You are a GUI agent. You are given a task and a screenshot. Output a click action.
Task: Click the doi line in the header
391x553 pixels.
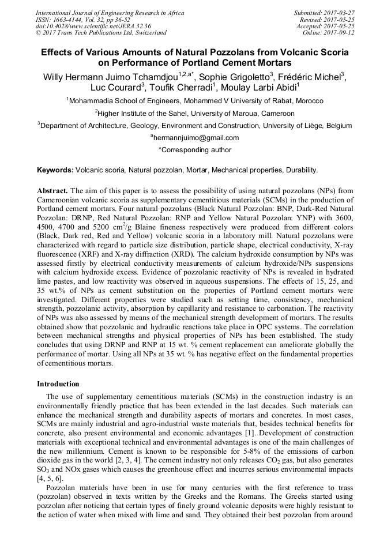85,26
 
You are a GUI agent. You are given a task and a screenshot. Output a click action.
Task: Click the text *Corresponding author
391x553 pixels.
195,150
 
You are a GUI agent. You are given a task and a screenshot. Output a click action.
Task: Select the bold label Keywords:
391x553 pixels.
55,171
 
